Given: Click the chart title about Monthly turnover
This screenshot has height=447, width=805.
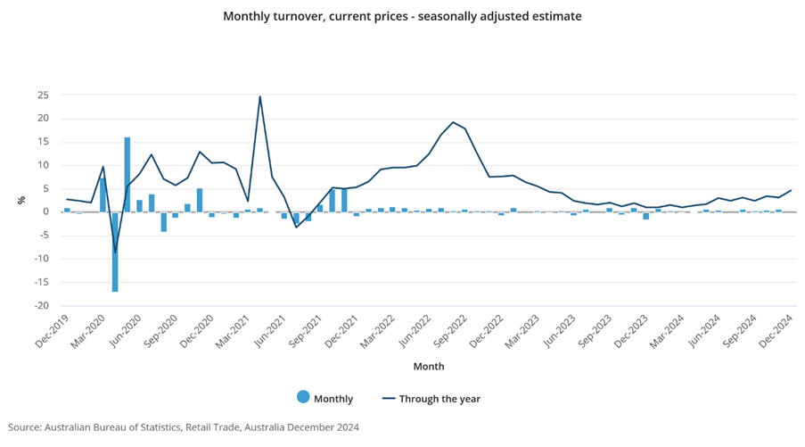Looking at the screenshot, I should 402,16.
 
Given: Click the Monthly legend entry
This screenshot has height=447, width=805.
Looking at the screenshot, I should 325,399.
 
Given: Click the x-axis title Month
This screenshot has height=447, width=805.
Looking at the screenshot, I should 429,366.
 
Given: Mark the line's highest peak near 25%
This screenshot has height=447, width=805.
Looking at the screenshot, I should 259,96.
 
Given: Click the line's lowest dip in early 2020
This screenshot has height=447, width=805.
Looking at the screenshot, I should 115,252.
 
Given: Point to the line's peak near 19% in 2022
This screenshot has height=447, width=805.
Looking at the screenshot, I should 453,122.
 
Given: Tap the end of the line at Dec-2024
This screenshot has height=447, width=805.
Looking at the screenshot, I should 791,190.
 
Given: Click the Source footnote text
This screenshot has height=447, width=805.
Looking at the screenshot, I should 184,427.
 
